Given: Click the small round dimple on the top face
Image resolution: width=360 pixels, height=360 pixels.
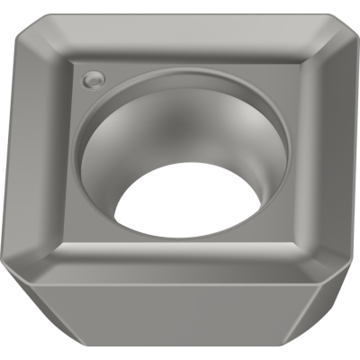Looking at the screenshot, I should pyautogui.click(x=91, y=81).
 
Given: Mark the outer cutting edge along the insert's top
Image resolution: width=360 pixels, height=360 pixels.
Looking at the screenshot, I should pyautogui.click(x=180, y=13).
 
